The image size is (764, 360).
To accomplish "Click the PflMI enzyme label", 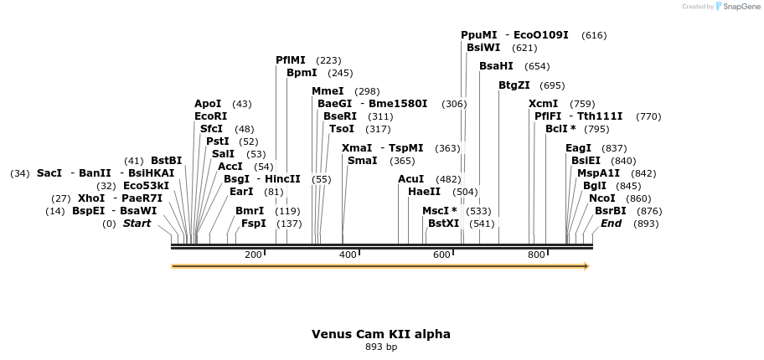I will (291, 60).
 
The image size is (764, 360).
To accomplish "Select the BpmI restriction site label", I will (302, 73).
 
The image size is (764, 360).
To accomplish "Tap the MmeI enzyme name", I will (328, 91).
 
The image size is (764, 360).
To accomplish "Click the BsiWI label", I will (483, 48).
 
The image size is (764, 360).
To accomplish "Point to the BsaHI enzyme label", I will (496, 66).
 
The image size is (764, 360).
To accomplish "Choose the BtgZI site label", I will (514, 85).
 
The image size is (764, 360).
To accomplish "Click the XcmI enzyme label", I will (543, 104).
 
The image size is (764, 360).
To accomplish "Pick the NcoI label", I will (602, 198).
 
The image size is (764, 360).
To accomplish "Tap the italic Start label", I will (137, 224).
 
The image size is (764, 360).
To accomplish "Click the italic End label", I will (612, 224).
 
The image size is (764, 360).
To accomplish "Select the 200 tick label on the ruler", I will (253, 255).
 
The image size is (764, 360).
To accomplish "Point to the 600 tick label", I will (441, 255).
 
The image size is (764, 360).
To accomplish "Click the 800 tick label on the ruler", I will (536, 255).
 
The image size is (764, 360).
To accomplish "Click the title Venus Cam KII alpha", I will (381, 334).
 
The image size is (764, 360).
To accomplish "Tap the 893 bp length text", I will (381, 347).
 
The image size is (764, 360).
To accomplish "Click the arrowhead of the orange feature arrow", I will (586, 266).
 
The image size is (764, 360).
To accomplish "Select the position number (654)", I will (537, 66).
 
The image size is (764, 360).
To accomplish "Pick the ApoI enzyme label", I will (208, 104).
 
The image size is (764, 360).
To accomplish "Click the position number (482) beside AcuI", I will (448, 179).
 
